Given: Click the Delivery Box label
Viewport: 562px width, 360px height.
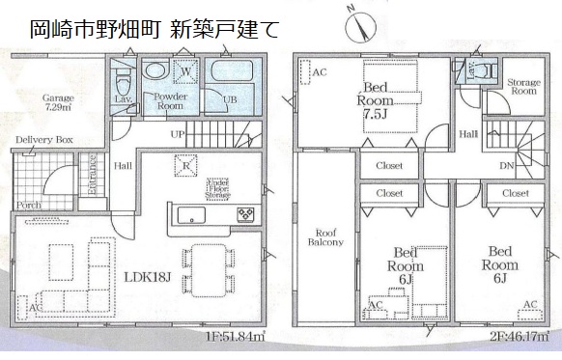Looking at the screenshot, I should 43,141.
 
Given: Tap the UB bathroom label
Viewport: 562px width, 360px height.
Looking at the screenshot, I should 230,99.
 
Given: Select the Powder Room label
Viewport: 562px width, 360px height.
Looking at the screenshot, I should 164,100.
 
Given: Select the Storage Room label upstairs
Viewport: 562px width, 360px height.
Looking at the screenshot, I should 523,87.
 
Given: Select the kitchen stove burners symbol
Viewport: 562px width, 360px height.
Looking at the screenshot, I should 245,212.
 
